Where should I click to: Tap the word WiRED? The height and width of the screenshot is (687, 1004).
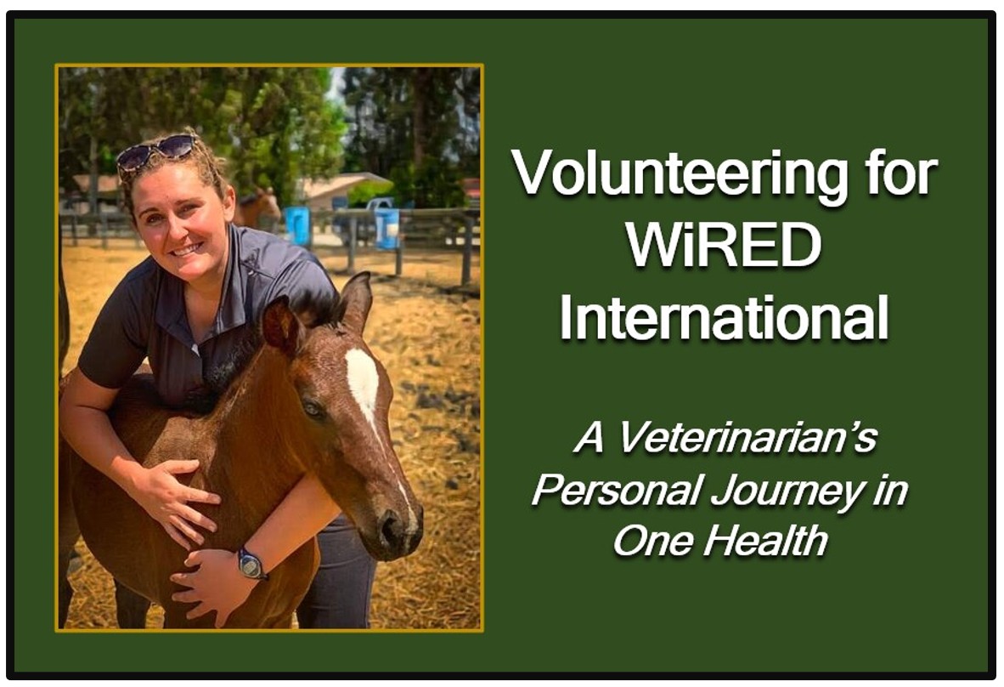click(x=724, y=246)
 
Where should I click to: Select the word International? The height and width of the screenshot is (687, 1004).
click(x=725, y=318)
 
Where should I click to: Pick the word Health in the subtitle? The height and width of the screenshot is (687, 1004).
click(x=766, y=540)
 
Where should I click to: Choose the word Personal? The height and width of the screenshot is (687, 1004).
click(x=618, y=491)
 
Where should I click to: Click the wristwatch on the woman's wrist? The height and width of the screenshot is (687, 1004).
click(x=251, y=564)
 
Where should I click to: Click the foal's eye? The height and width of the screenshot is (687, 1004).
click(x=313, y=408)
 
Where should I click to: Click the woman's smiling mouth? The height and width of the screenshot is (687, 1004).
click(x=188, y=249)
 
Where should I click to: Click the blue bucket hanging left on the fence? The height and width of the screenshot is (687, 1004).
click(x=296, y=225)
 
